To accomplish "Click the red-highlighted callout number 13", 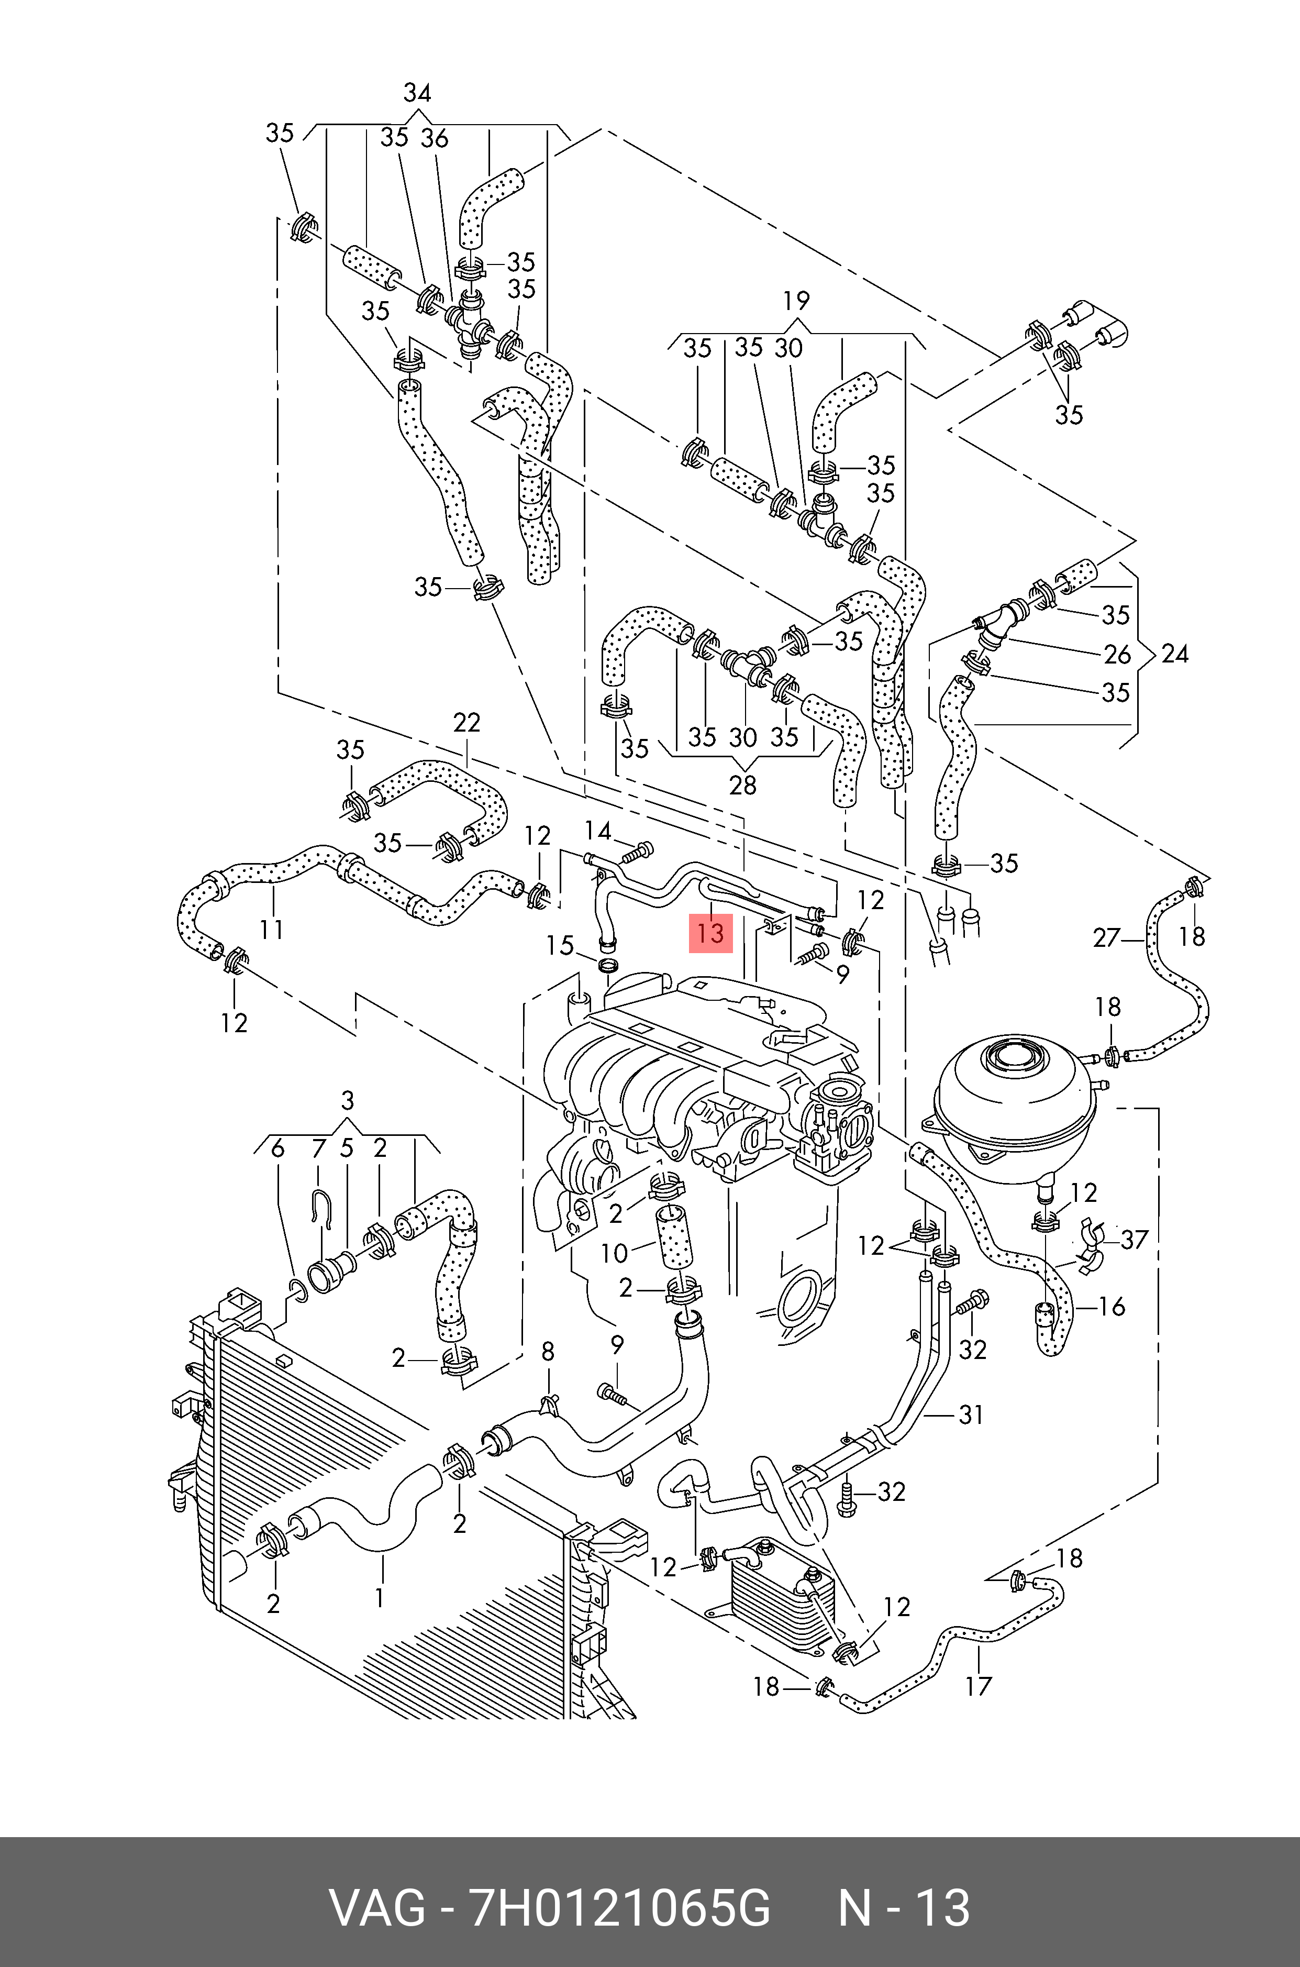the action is click(x=710, y=932).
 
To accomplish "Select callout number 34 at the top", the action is click(x=417, y=92).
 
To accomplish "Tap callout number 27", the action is click(x=1107, y=938).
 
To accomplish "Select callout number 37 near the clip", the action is click(x=1134, y=1239).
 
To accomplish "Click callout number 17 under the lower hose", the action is click(x=979, y=1686).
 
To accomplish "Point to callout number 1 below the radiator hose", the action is click(x=380, y=1597).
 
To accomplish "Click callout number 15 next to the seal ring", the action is click(x=560, y=945).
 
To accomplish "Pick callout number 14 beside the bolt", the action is click(x=598, y=830).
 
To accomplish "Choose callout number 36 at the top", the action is click(x=435, y=138).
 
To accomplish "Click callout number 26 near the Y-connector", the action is click(x=1118, y=654).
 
